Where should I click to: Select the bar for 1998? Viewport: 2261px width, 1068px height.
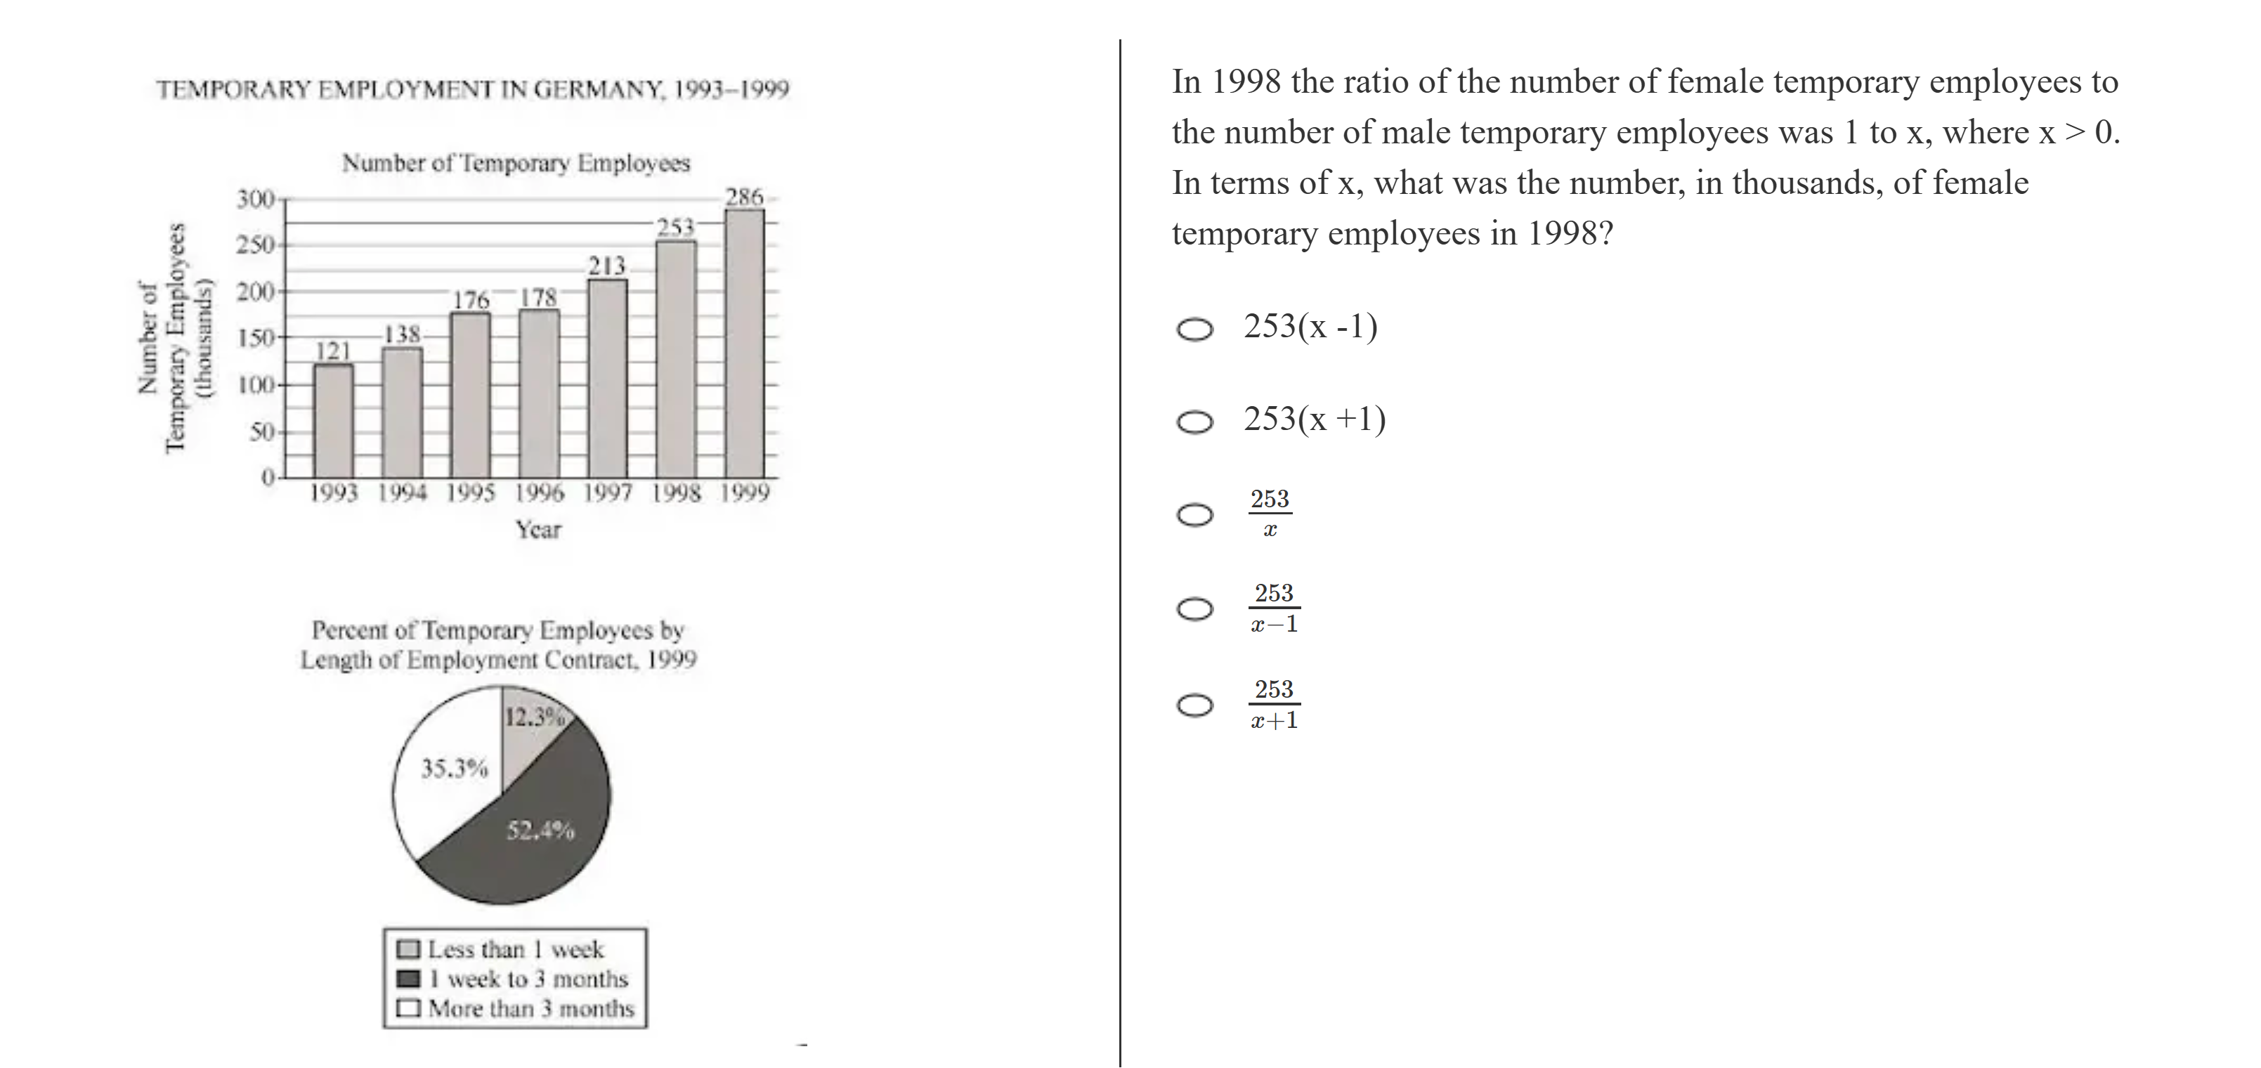tap(676, 360)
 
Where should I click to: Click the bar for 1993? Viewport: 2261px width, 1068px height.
tap(334, 422)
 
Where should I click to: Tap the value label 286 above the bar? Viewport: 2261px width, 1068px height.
tap(744, 197)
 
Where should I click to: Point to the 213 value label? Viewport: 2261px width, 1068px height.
tap(606, 265)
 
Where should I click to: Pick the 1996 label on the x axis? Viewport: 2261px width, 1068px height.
tap(539, 493)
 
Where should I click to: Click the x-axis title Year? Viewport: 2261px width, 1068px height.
tap(538, 530)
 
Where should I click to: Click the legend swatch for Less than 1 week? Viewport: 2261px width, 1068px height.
tap(408, 949)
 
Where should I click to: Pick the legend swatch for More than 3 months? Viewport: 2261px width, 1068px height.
tap(408, 1008)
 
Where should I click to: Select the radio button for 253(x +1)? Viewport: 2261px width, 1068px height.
tap(1194, 422)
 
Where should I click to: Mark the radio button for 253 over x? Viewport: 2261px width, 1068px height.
tap(1194, 514)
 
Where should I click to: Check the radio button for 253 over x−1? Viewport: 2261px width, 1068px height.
tap(1194, 608)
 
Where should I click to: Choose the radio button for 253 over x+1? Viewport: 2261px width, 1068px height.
tap(1194, 705)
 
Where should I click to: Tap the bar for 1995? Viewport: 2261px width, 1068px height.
tap(471, 395)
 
